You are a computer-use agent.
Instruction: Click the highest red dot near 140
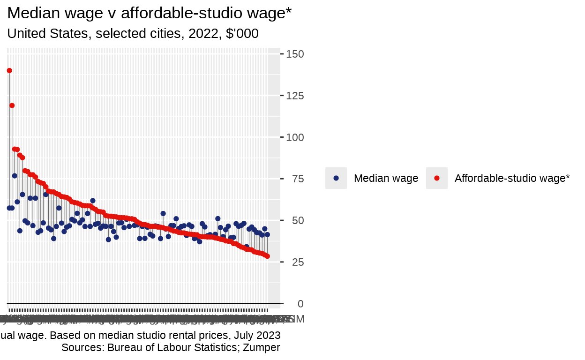click(9, 71)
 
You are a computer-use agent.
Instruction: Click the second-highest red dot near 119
click(12, 105)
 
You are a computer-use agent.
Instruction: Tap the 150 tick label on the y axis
click(294, 54)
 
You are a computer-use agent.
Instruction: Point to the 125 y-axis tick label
click(294, 96)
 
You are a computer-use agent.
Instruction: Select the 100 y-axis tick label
click(294, 138)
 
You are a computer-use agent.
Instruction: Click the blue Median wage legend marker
click(336, 178)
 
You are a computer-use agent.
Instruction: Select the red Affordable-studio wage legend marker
click(437, 178)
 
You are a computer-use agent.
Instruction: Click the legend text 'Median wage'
click(386, 178)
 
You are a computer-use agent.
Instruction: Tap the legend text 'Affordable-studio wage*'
click(512, 178)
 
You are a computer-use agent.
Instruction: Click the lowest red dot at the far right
click(267, 256)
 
